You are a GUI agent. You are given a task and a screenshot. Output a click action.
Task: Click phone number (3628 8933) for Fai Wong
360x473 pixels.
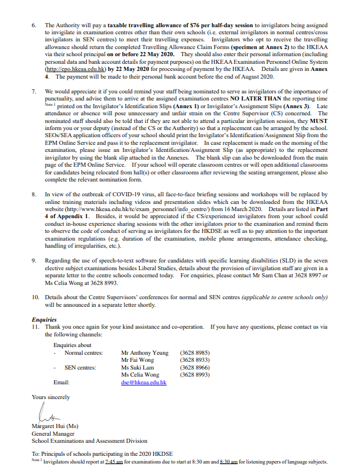tap(194, 359)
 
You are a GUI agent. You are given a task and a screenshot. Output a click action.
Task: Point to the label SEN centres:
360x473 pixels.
tap(79, 367)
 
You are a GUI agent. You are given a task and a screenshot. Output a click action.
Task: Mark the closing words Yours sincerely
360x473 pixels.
tap(51, 397)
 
